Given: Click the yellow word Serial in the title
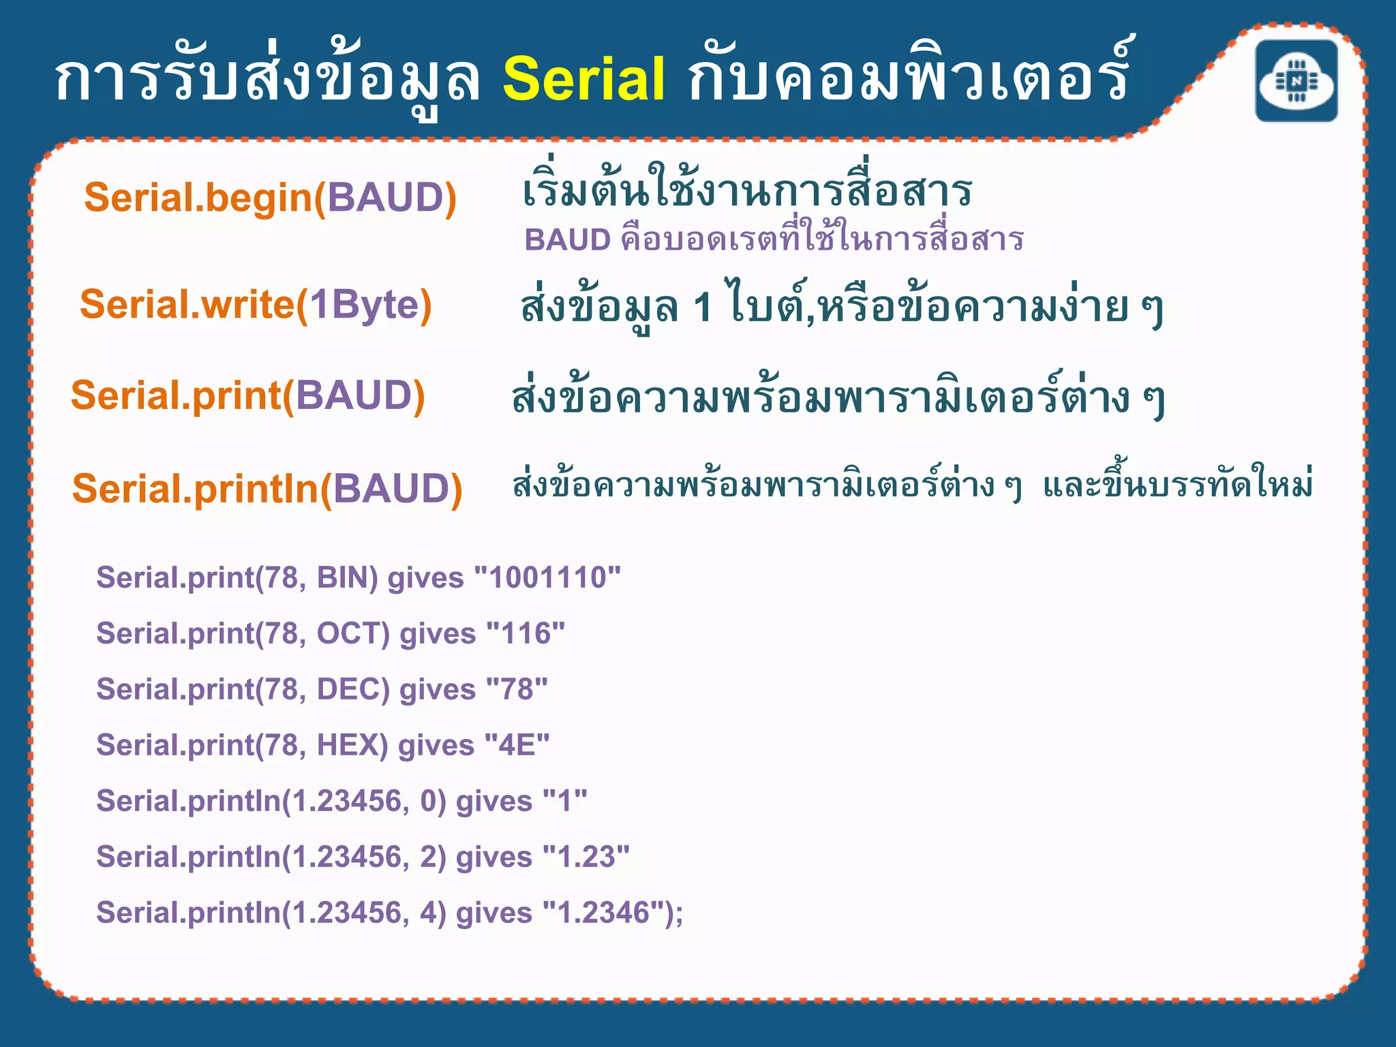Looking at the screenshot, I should coord(583,80).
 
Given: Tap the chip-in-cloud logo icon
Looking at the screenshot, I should coord(1296,81).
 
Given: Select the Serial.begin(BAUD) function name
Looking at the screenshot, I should coord(270,198).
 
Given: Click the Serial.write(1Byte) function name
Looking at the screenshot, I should coord(256,305).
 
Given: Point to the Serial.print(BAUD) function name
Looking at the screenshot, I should coord(248,396).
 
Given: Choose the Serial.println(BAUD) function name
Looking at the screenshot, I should coord(267,489).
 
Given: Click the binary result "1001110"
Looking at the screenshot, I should coord(547,578).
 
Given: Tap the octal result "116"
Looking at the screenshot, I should coord(526,634).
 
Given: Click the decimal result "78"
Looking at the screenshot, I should coord(517,690).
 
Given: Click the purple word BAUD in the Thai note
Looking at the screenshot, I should coord(567,241).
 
